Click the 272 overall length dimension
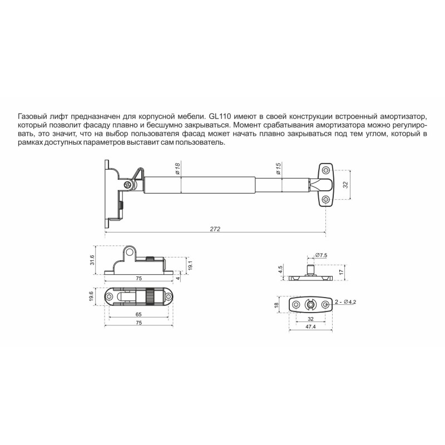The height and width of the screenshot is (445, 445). coord(215,229)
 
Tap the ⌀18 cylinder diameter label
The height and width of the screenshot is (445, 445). coord(177,169)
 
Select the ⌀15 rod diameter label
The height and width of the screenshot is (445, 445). coord(279,169)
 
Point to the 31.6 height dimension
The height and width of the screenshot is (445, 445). coord(92,260)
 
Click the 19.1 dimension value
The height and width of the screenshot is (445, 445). coord(191,265)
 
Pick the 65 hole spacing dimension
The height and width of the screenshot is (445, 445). coord(139,314)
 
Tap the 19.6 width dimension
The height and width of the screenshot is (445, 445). coord(91,296)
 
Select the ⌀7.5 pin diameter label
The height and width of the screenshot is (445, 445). coord(321,255)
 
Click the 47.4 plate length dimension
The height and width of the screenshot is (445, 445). coord(310,327)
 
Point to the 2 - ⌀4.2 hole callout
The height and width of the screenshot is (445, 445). coord(345,302)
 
